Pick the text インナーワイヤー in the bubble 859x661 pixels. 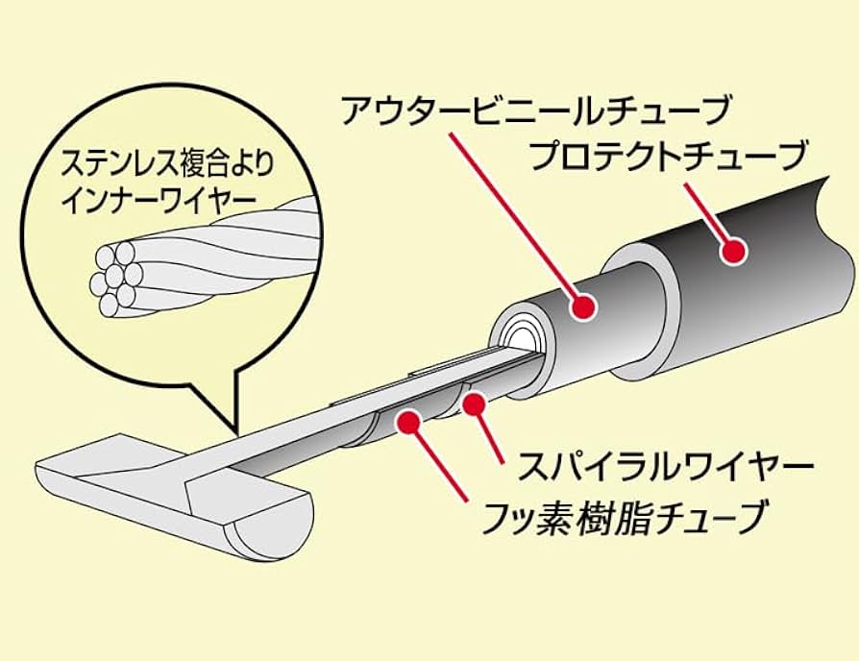pos(158,198)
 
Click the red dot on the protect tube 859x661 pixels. pos(735,251)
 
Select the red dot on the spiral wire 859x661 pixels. pos(473,405)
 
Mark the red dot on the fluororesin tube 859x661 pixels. pos(410,420)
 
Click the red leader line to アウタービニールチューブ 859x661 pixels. pos(519,211)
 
